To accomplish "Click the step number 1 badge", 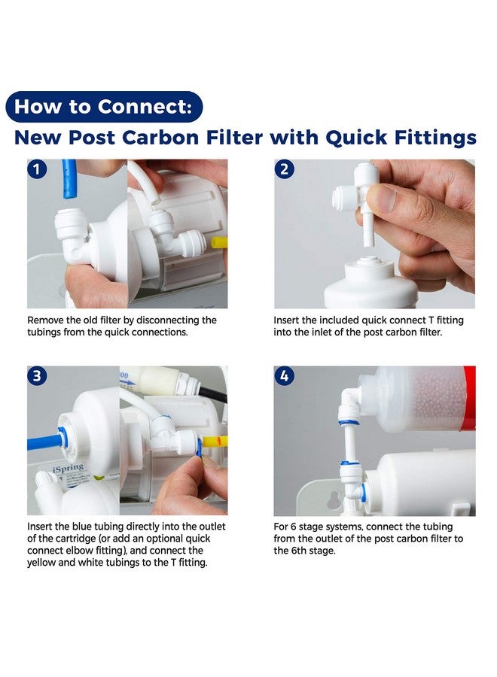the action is (37, 168).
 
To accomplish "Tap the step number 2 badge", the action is (284, 168).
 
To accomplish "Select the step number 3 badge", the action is (37, 375).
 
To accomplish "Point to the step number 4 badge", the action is (284, 375).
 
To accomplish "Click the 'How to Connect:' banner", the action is (104, 107).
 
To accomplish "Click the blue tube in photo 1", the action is (69, 179).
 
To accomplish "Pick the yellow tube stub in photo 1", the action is (219, 241).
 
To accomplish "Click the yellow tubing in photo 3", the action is (215, 442).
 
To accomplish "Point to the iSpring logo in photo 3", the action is (68, 468).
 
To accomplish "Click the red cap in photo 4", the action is (469, 398).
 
